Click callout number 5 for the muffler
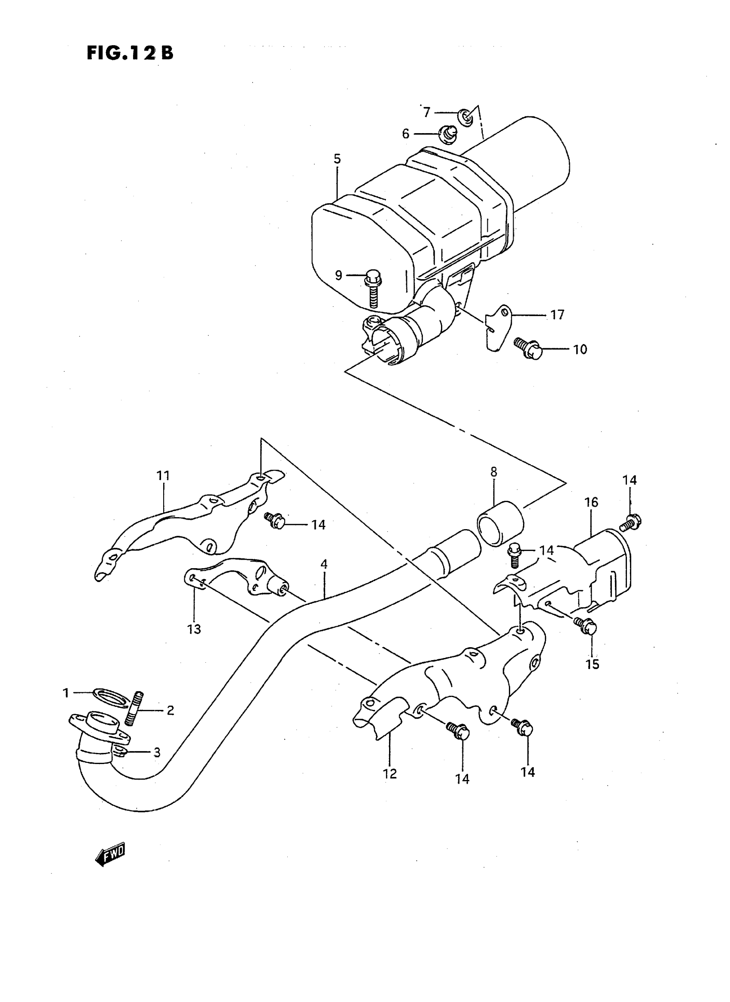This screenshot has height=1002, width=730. click(x=337, y=159)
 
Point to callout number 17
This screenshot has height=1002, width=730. click(x=557, y=315)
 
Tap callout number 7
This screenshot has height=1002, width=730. click(x=426, y=112)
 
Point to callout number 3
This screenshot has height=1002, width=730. click(x=157, y=752)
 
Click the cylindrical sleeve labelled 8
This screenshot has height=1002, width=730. click(x=501, y=523)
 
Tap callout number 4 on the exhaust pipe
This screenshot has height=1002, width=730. click(x=324, y=564)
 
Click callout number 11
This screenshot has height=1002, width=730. click(x=163, y=475)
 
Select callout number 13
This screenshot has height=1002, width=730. click(x=194, y=628)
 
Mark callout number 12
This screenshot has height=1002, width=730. click(x=390, y=774)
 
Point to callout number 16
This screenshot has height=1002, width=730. click(x=591, y=502)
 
